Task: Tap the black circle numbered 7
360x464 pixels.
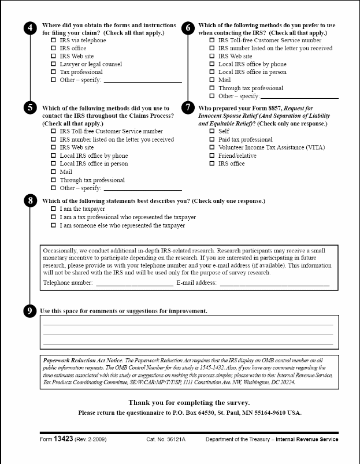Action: [187, 108]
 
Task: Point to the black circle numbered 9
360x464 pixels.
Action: [29, 311]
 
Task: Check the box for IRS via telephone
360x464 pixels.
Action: [54, 40]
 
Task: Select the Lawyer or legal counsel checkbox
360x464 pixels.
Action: [54, 65]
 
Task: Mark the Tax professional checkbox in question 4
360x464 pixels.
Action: [54, 73]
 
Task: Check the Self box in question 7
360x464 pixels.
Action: [212, 132]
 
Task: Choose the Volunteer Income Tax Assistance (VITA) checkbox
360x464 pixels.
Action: [212, 148]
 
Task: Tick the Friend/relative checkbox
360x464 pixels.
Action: [212, 156]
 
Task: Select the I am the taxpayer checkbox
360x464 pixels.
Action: [54, 209]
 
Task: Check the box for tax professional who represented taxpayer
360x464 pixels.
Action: [54, 217]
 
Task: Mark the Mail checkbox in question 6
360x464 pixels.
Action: [212, 80]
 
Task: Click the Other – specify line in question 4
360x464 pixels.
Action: [142, 81]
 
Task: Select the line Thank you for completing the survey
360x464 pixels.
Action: [190, 402]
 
